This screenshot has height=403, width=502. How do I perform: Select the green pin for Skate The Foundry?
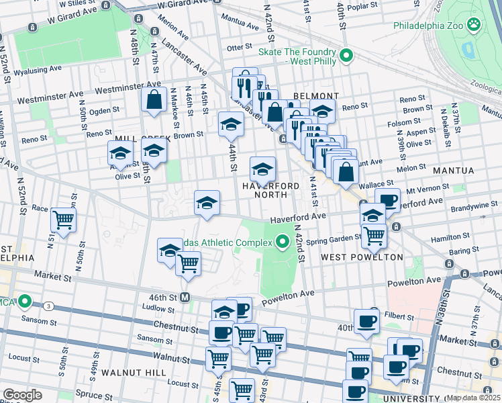point(346,56)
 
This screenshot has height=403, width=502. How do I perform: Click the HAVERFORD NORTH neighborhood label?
point(265,189)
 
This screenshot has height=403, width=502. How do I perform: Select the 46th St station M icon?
point(186,297)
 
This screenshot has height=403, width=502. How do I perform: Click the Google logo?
point(22,395)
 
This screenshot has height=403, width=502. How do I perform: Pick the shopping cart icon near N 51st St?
point(63,220)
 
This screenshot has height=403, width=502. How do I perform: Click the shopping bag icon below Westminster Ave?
point(154,100)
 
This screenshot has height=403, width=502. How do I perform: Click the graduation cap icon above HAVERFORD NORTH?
point(262,168)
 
